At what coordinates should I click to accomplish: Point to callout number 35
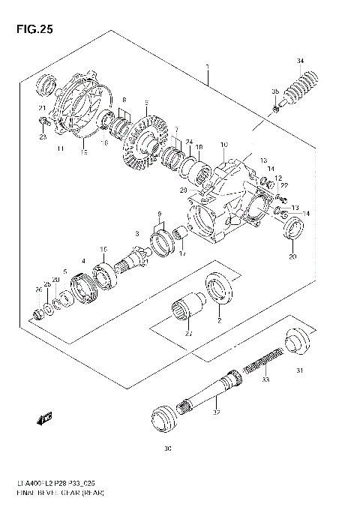[275, 91]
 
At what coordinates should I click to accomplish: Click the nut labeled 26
[39, 311]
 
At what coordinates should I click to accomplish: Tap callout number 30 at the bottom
[168, 450]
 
